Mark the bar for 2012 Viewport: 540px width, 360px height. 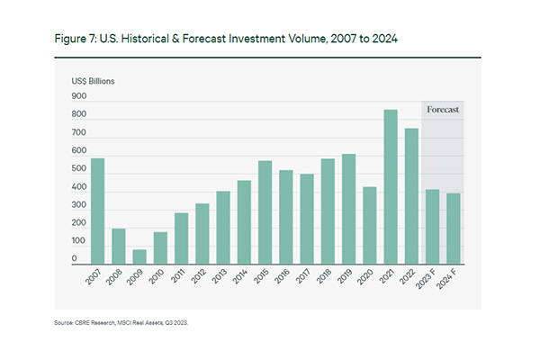pos(202,234)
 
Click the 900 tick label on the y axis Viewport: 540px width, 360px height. pos(79,96)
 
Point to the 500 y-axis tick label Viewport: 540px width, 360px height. pos(79,169)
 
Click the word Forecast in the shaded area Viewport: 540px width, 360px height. pos(443,109)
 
